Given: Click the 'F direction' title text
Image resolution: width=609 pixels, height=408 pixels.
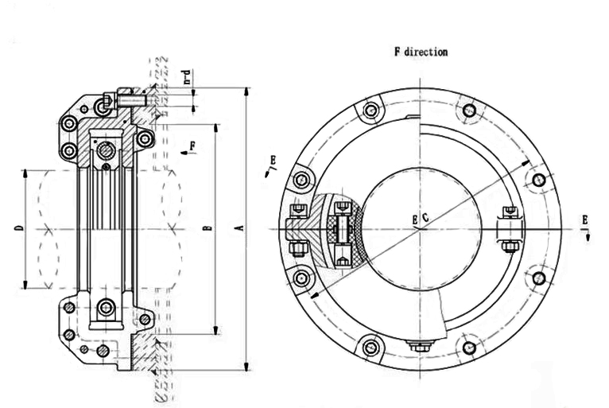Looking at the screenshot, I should point(421,52).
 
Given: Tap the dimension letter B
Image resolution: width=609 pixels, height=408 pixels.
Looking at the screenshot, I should point(208,229).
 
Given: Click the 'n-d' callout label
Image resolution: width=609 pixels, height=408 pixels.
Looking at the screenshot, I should point(187,78).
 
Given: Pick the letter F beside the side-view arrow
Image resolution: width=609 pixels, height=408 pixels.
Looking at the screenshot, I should point(193,146).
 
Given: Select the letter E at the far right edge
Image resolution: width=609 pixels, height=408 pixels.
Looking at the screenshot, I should point(585,219).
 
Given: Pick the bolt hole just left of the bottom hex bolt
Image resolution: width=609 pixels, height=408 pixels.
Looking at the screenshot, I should point(370,347).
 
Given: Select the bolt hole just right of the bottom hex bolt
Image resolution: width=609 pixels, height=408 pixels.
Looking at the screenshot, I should point(469,348).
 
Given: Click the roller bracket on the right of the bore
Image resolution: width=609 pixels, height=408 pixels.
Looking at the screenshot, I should point(509,229).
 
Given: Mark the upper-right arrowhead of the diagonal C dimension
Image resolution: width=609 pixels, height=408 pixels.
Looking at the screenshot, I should point(529,162).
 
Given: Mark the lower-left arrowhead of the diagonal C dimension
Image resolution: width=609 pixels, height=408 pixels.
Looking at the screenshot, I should point(312,297).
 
